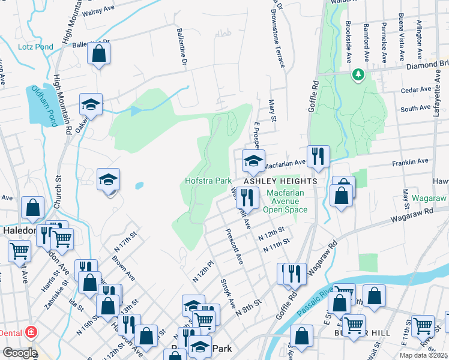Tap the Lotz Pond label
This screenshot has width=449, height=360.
35,46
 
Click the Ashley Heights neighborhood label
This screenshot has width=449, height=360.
280,181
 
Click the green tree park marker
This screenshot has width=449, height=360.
358,74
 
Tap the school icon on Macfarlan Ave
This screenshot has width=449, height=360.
253,160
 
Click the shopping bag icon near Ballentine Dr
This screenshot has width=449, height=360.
98,53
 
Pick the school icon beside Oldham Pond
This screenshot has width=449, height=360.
91,104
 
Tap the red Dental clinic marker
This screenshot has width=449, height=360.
30,332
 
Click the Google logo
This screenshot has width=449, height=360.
19,353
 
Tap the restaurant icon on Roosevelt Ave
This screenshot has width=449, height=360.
247,196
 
